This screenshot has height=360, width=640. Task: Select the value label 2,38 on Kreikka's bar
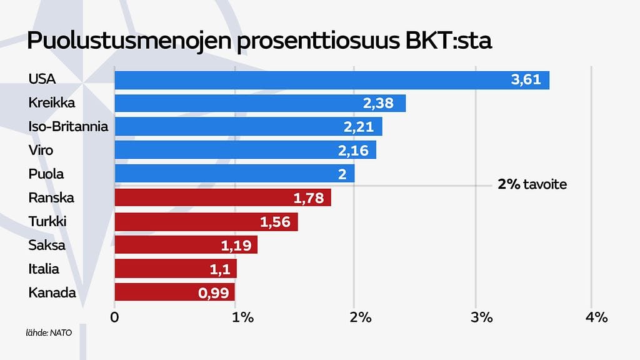click(377, 103)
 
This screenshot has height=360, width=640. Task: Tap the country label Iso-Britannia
click(68, 127)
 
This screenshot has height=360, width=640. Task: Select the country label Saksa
click(47, 245)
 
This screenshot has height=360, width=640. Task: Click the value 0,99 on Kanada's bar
click(214, 292)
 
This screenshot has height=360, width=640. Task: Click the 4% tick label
click(596, 317)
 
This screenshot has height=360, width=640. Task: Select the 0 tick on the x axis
click(114, 317)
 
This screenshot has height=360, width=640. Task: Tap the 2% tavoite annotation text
click(532, 185)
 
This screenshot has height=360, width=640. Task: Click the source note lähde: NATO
click(49, 332)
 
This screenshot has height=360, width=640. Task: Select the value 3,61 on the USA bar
click(525, 80)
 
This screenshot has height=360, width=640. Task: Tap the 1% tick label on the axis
click(242, 317)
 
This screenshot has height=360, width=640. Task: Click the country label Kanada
click(52, 292)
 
